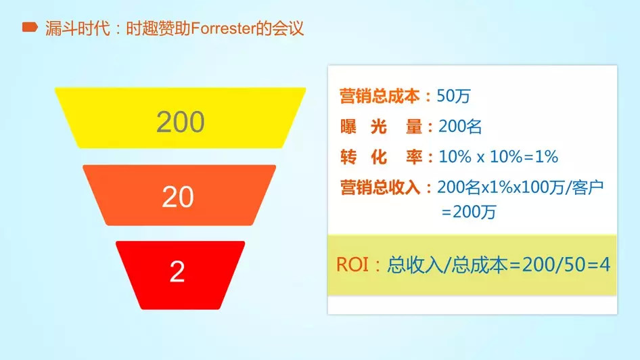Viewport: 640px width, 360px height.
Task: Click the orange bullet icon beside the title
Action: pyautogui.click(x=30, y=27)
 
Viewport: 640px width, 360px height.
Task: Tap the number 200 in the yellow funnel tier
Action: pyautogui.click(x=181, y=122)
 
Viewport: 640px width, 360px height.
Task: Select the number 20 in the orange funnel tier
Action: pyautogui.click(x=178, y=197)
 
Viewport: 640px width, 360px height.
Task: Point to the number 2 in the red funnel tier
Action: pyautogui.click(x=177, y=271)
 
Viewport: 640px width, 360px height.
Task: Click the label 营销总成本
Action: pyautogui.click(x=380, y=96)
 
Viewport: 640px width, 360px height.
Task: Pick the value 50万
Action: pyautogui.click(x=453, y=96)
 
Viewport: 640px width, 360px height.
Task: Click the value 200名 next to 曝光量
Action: pyautogui.click(x=460, y=127)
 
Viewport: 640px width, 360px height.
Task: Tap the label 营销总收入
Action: pyautogui.click(x=380, y=187)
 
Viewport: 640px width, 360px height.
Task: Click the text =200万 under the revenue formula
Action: pyautogui.click(x=469, y=212)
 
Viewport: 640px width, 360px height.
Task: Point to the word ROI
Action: pyautogui.click(x=352, y=265)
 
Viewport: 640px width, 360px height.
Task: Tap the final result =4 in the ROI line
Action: pyautogui.click(x=597, y=265)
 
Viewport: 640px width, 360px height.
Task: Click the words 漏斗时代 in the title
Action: pyautogui.click(x=78, y=28)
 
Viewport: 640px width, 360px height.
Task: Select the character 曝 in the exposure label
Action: pyautogui.click(x=348, y=127)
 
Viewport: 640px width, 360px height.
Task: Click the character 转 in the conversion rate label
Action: pyautogui.click(x=348, y=157)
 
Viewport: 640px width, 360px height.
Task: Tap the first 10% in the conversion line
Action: pyautogui.click(x=455, y=157)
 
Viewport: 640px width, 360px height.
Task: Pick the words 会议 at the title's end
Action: pyautogui.click(x=288, y=28)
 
